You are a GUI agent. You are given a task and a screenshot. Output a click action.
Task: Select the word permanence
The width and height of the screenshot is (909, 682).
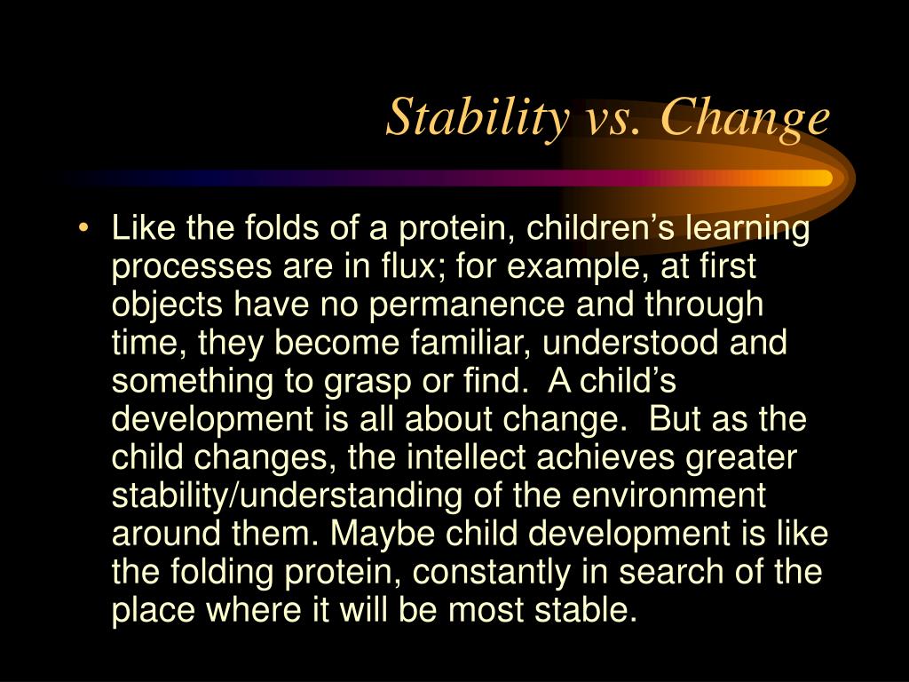pyautogui.click(x=454, y=304)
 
